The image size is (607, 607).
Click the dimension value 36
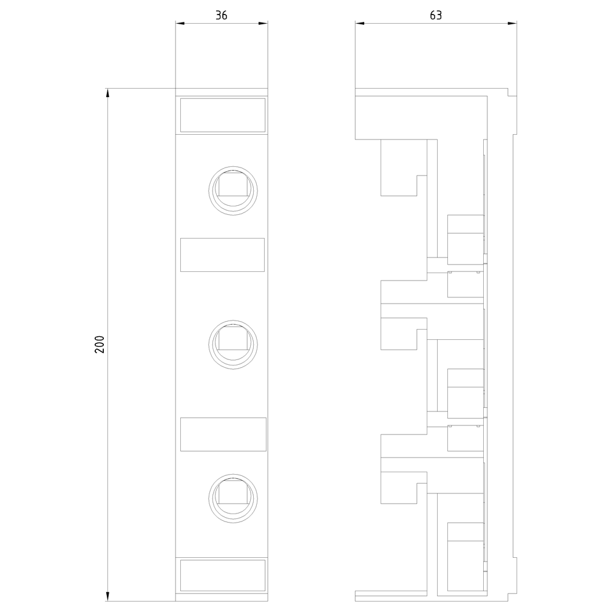[x=221, y=15]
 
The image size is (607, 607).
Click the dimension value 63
[x=435, y=15]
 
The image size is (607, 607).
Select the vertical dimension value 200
[x=100, y=344]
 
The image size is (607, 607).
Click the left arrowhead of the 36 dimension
[x=180, y=23]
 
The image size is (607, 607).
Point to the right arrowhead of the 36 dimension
[x=263, y=23]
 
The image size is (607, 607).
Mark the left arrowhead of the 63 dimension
[x=359, y=23]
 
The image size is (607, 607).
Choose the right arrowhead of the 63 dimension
[x=512, y=23]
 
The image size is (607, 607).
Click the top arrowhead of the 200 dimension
[x=107, y=93]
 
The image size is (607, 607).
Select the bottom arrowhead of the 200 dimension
[x=107, y=597]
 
